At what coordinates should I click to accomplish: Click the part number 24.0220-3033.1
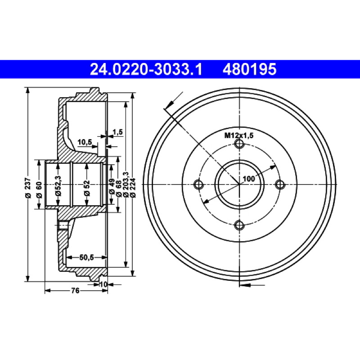coord(146,69)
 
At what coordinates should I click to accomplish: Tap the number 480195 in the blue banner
coord(249,69)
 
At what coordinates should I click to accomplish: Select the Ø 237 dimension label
coord(28,187)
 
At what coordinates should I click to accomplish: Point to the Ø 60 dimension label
coord(39,189)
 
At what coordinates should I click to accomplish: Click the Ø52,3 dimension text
coord(58,185)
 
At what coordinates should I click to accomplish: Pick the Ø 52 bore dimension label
coord(87,188)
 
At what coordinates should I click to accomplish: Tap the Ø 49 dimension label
coord(112,186)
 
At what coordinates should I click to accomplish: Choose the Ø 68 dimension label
coord(119,188)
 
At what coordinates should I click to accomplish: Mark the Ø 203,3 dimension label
coord(126,184)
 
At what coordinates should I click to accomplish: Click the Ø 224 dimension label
coord(133,188)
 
